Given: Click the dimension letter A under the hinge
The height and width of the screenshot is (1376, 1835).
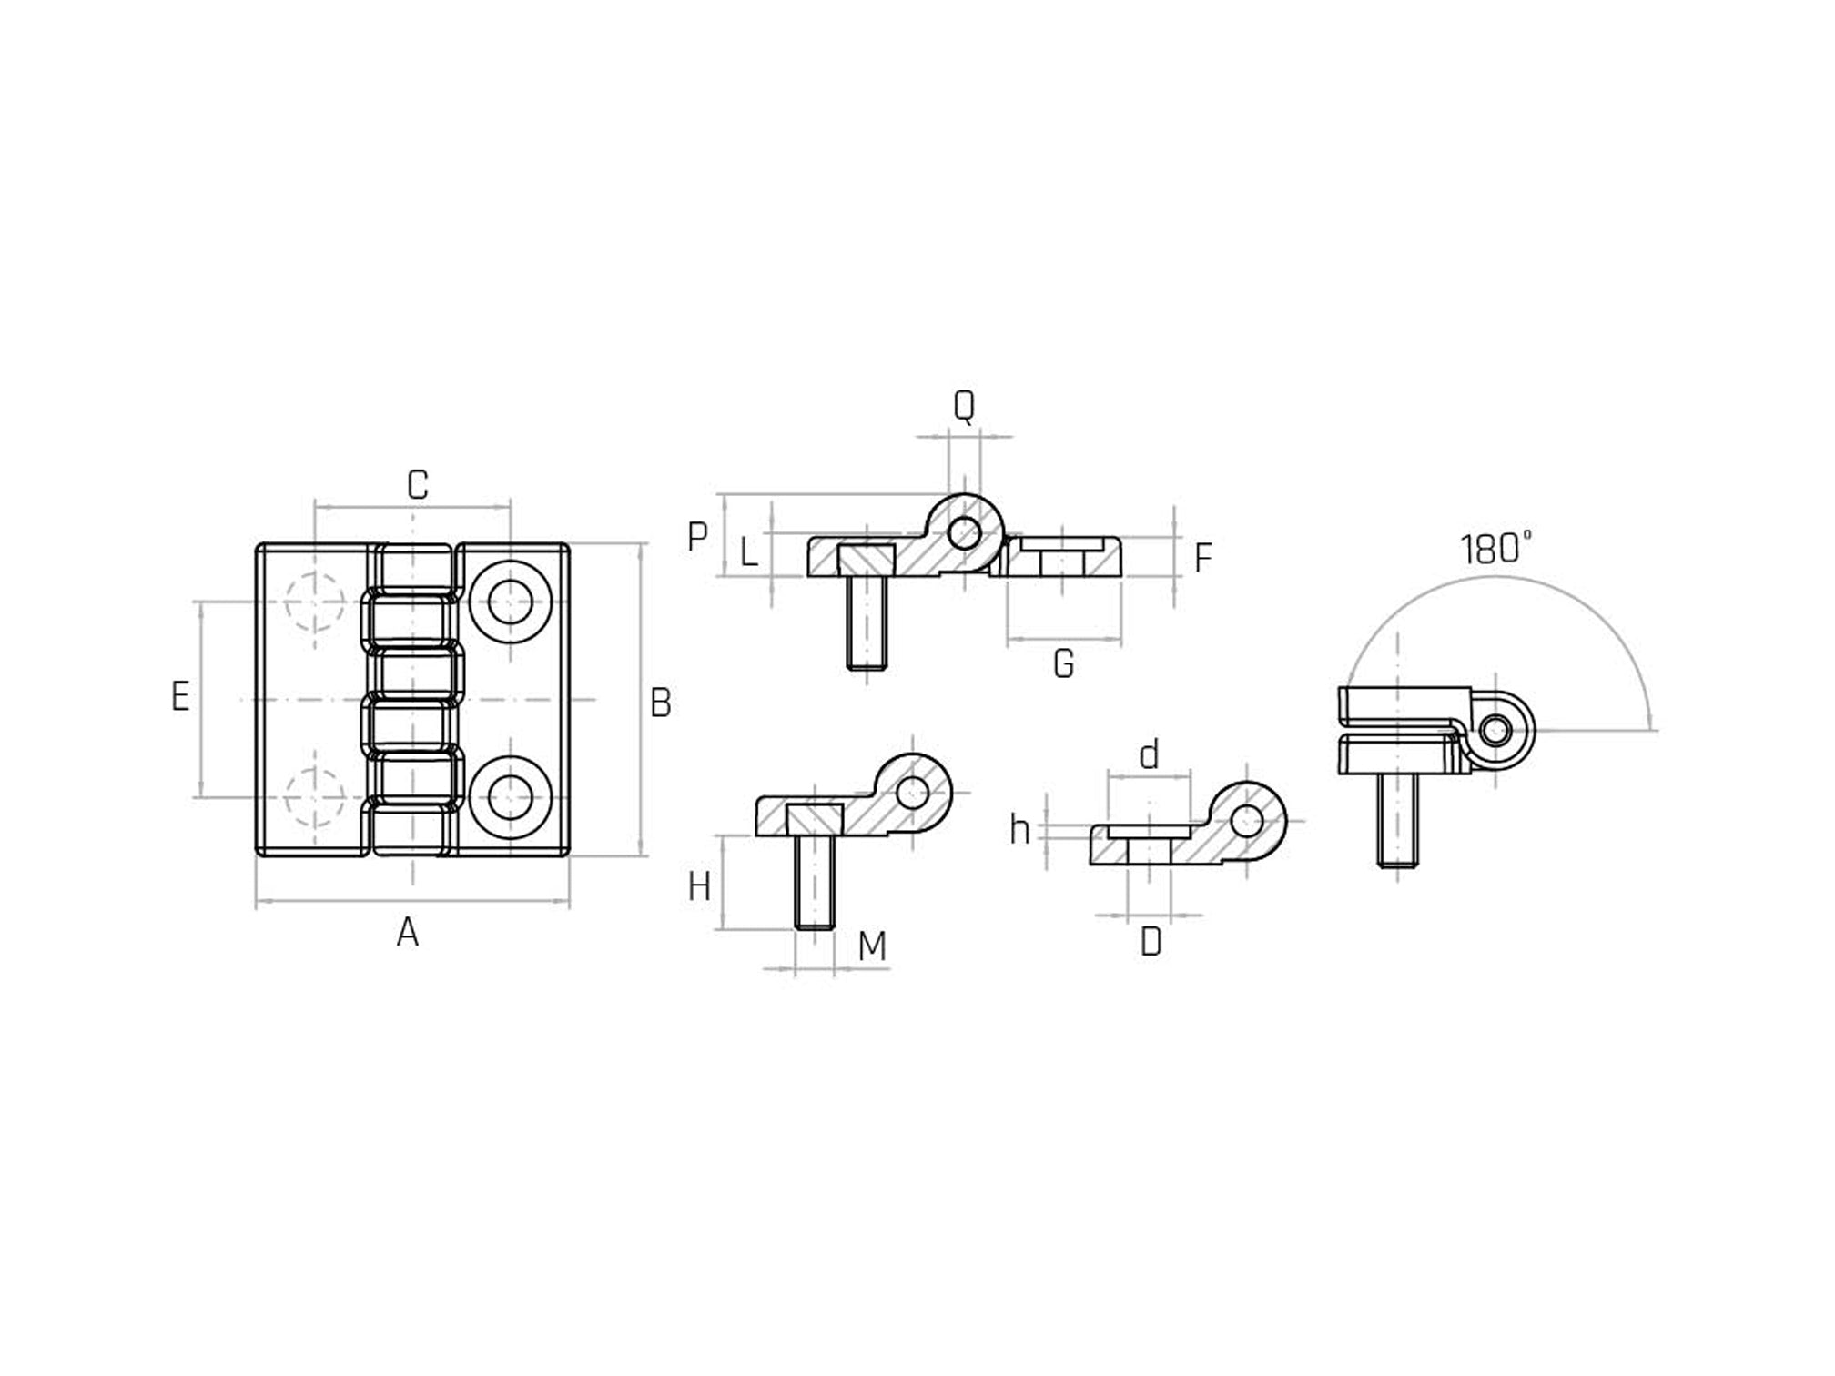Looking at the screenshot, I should pos(408,933).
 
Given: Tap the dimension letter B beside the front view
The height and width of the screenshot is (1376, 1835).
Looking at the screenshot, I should pos(661,703).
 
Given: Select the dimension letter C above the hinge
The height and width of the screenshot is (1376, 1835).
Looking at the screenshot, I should pos(417,485).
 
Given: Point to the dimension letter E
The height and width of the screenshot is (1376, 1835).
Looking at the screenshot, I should pos(180,696).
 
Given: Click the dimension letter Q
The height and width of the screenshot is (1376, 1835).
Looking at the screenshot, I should pos(963,406).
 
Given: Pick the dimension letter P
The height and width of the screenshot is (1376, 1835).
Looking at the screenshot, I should pos(697,537).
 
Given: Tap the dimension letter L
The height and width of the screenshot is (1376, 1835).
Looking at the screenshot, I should pos(748,552).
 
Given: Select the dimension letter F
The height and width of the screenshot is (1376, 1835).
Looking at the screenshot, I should pos(1202,558).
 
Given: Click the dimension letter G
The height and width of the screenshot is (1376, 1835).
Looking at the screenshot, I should pos(1063,664).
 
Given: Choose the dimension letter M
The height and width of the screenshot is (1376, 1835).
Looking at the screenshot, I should pos(872,947).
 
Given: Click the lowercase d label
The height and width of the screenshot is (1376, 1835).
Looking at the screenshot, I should pos(1150,755).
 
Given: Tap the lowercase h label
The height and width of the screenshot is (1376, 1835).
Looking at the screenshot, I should pos(1020,830).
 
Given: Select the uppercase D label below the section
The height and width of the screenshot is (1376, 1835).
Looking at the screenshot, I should pos(1151,942).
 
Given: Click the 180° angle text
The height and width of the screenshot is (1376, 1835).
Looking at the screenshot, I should pos(1495,550).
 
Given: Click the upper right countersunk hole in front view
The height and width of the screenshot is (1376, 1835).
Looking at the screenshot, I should pos(511,602).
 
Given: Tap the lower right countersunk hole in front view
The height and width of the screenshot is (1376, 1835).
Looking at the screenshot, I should pos(511,797).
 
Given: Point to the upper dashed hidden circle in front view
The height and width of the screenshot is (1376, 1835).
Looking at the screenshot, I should pos(314,602).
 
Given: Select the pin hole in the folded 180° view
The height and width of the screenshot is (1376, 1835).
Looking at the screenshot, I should pos(1495,730).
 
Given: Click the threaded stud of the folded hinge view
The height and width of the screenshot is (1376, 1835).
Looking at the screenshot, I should pos(1397,820).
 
